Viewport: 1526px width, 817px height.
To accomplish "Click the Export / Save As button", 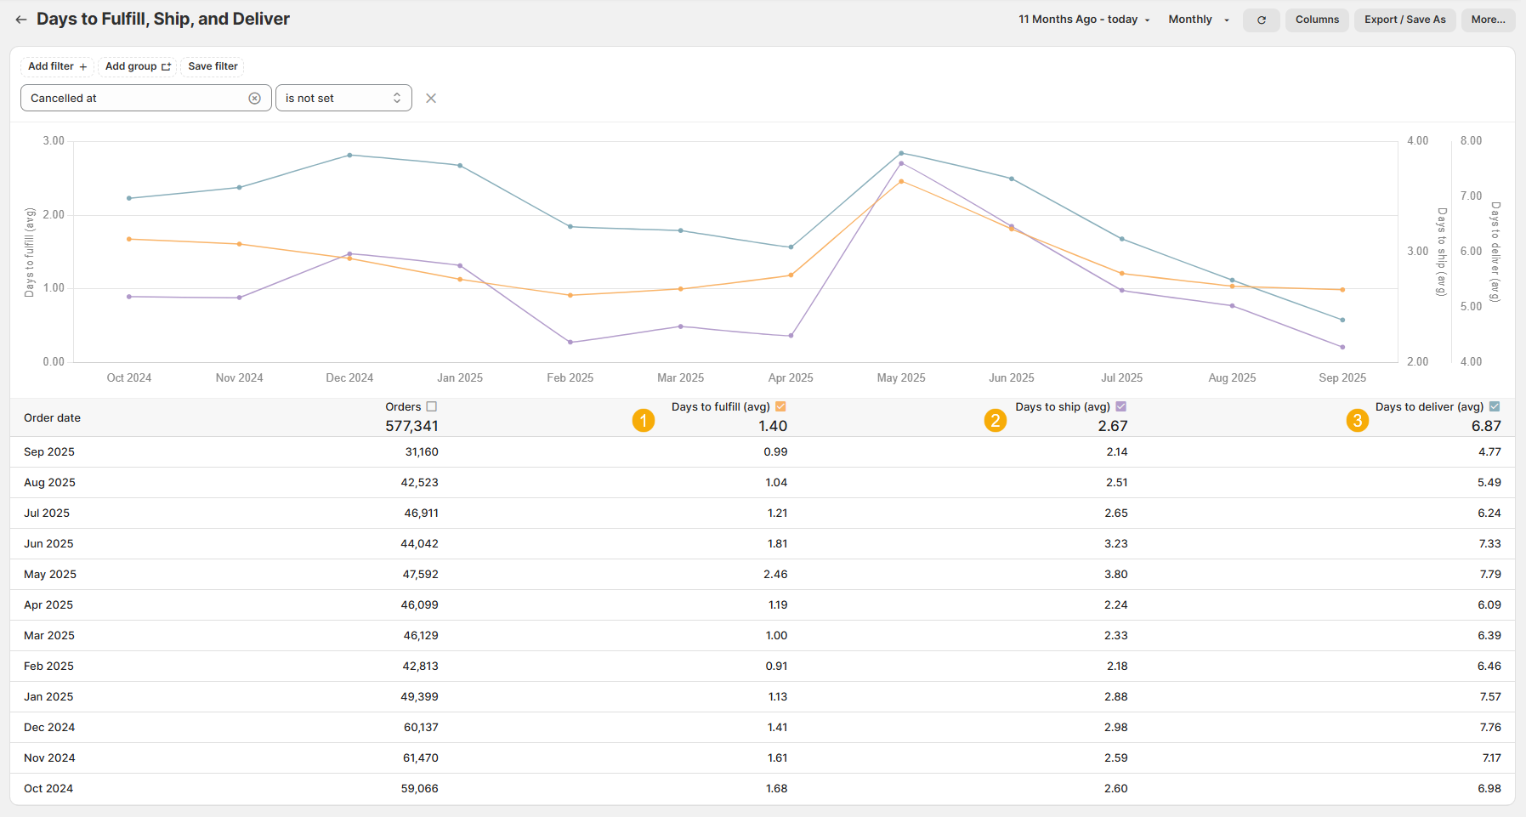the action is click(x=1404, y=20).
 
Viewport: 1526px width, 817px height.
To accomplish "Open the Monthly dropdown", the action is click(x=1199, y=20).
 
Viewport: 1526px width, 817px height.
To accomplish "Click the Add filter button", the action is click(x=57, y=66).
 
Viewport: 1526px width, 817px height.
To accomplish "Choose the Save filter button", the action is click(x=213, y=66).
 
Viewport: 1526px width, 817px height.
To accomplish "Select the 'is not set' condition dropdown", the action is click(x=343, y=98).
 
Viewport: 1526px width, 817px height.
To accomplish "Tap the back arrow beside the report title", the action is click(x=21, y=20).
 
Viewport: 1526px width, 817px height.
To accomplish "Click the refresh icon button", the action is click(x=1262, y=20).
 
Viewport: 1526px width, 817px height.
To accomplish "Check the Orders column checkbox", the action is click(x=432, y=406).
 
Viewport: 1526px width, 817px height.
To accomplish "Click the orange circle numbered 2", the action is click(x=996, y=420).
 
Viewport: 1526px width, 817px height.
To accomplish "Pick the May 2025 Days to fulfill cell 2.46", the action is click(x=775, y=574).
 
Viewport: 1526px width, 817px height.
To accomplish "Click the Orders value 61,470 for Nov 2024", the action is click(x=421, y=757).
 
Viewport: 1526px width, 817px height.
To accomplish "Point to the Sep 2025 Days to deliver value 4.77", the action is click(x=1489, y=451).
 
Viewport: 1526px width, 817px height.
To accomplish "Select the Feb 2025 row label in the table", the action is click(x=48, y=666).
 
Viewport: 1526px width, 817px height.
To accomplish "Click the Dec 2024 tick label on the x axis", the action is click(x=349, y=377).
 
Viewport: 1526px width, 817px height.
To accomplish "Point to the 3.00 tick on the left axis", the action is click(x=54, y=141).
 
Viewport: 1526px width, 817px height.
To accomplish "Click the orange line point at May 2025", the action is click(x=901, y=181).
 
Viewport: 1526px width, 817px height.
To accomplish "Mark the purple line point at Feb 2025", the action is click(x=570, y=342).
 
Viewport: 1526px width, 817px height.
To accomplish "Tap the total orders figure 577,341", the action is click(x=411, y=426).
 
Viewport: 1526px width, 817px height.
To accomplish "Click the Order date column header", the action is click(x=52, y=417).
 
